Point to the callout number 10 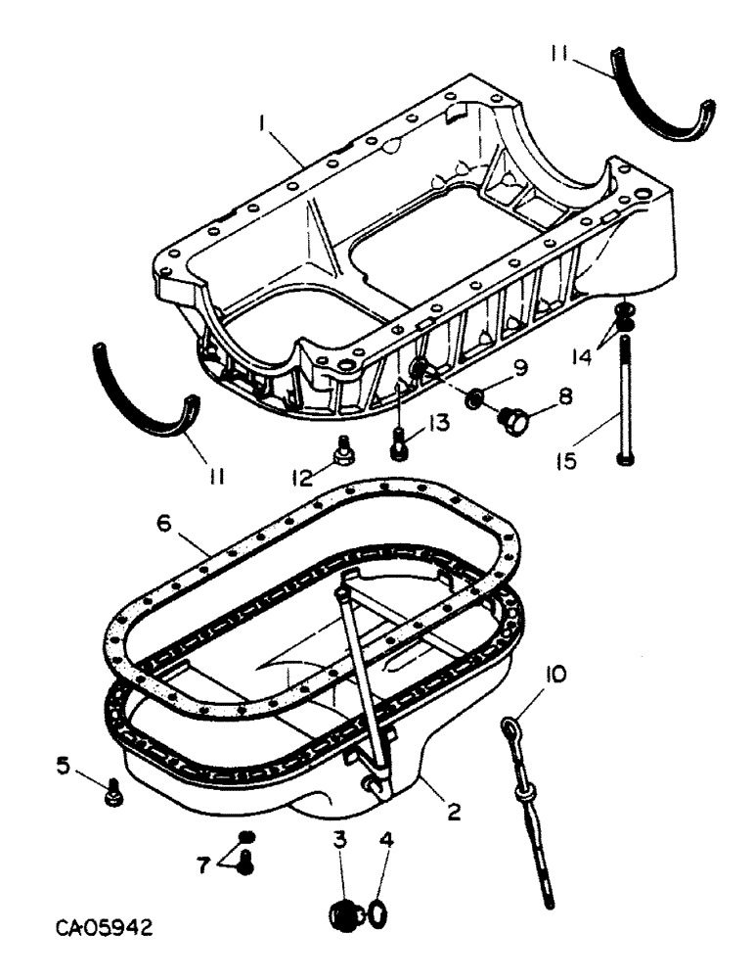click(x=555, y=674)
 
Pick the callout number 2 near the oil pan click(x=452, y=812)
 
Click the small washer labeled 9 click(x=474, y=398)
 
